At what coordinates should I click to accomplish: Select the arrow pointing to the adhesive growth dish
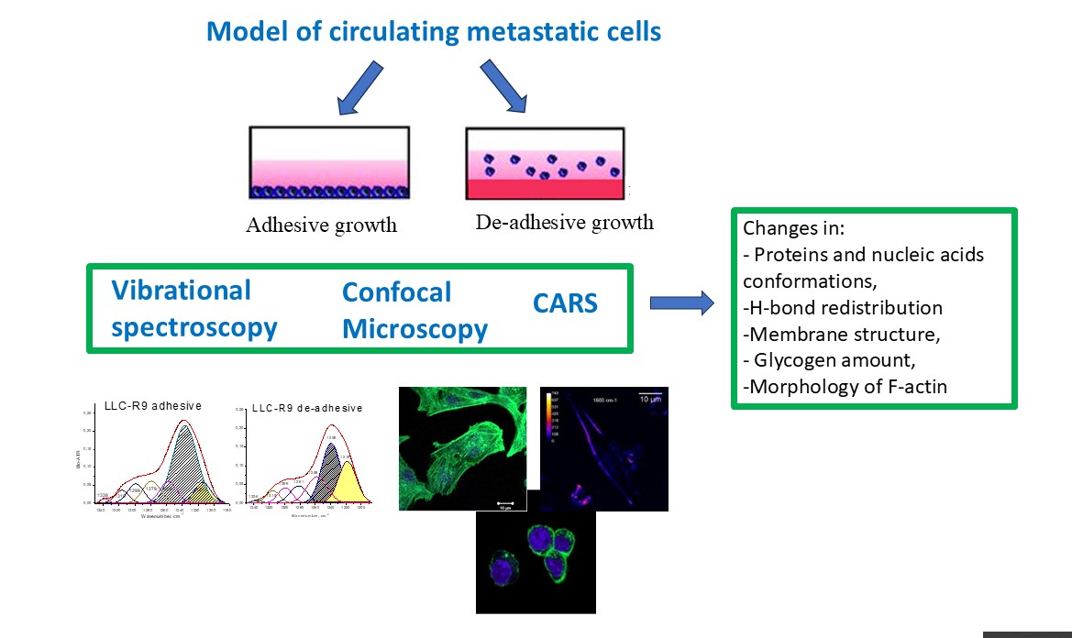pyautogui.click(x=362, y=88)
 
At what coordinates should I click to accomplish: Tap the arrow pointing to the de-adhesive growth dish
pyautogui.click(x=503, y=88)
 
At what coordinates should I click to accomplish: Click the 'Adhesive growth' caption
pyautogui.click(x=321, y=225)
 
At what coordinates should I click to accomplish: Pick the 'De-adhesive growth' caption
pyautogui.click(x=564, y=222)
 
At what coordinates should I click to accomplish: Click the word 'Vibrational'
pyautogui.click(x=181, y=291)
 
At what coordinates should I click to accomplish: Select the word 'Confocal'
pyautogui.click(x=396, y=292)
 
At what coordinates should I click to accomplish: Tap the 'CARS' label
pyautogui.click(x=565, y=302)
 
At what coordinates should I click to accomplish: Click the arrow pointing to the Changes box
pyautogui.click(x=681, y=303)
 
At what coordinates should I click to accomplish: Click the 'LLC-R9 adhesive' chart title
pyautogui.click(x=154, y=405)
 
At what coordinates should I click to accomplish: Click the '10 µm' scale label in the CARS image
pyautogui.click(x=651, y=401)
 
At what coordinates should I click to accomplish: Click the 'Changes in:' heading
pyautogui.click(x=787, y=228)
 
